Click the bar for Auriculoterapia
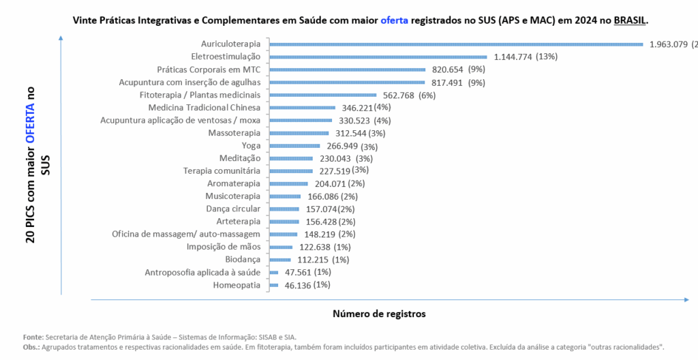click(x=457, y=44)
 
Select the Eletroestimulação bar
click(x=378, y=57)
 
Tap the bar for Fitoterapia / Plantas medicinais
click(x=323, y=95)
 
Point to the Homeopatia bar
click(x=274, y=285)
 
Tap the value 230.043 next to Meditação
click(x=335, y=158)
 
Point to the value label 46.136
click(x=297, y=285)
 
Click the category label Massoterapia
click(x=234, y=132)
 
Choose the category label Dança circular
click(x=233, y=209)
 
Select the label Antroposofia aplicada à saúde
click(x=202, y=273)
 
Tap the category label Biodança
click(x=243, y=260)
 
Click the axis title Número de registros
click(x=379, y=314)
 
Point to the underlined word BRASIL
click(x=628, y=20)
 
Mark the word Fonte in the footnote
click(x=32, y=337)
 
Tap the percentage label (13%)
click(x=547, y=57)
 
